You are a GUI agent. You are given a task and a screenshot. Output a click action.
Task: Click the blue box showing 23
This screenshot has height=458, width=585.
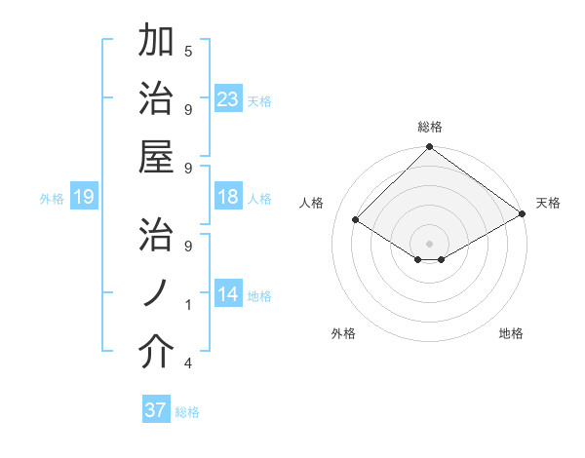point(228,99)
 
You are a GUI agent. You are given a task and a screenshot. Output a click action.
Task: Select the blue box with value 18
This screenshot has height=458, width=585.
point(228,197)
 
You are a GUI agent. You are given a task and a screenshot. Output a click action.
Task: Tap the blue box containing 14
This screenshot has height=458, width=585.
point(228,294)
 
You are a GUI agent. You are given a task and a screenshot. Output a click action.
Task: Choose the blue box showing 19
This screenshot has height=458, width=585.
point(83,198)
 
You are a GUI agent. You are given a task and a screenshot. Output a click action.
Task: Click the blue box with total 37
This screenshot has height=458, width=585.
point(156,410)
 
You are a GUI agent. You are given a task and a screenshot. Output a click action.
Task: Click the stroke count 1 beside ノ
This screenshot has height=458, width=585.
point(188,305)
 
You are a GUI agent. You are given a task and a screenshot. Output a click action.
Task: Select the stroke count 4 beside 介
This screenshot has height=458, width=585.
point(188,363)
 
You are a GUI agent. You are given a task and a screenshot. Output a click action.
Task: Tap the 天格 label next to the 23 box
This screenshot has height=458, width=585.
point(259,101)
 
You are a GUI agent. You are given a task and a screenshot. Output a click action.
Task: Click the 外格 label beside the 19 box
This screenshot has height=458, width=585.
point(52,199)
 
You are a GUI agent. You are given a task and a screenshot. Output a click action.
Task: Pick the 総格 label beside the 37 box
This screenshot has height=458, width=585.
point(187,412)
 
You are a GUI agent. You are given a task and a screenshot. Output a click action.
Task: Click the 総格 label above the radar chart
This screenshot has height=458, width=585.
point(429,128)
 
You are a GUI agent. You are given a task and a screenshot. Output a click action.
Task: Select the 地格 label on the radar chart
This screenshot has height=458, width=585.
point(511,334)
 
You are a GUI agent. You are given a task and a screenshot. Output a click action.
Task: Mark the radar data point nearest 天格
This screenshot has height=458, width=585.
point(523,214)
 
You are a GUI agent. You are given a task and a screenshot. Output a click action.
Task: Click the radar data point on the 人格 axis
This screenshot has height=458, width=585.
point(356,220)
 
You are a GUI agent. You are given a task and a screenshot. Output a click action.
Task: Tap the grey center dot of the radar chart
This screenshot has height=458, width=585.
point(429,243)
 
